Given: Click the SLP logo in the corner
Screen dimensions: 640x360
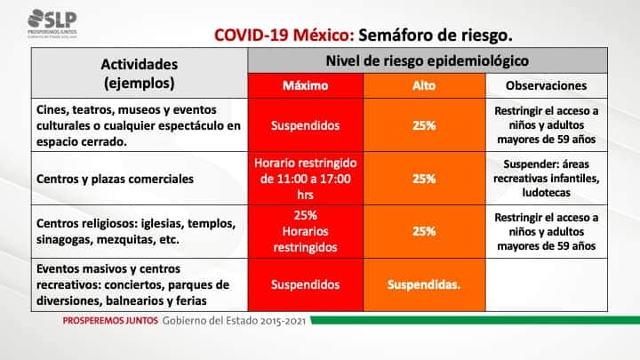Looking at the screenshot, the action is [x=52, y=24].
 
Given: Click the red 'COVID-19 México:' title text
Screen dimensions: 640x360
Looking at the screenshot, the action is [x=284, y=35].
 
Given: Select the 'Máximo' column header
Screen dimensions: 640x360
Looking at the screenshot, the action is [x=305, y=85].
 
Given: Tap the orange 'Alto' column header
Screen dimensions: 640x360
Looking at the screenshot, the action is [x=424, y=85].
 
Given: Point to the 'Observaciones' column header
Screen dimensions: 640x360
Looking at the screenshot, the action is [x=546, y=85].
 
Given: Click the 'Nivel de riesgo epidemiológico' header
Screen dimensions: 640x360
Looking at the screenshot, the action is [x=428, y=60].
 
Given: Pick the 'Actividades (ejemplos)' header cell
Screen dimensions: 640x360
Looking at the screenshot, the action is [x=140, y=74].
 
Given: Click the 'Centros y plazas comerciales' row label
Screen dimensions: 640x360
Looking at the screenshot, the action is [x=115, y=179].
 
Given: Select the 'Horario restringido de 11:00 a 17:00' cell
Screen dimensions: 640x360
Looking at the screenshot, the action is [x=305, y=179].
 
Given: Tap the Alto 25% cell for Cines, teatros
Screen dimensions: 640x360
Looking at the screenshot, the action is [x=424, y=125].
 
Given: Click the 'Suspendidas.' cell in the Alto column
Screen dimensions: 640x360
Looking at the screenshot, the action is [x=424, y=284].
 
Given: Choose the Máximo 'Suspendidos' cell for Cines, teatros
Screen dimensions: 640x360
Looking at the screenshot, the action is [x=305, y=125].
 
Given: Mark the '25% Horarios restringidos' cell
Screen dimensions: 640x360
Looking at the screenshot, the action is [x=305, y=231].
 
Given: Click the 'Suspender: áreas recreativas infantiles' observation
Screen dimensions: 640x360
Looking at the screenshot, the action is [x=546, y=179].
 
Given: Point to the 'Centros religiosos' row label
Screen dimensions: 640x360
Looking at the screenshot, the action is [x=136, y=231].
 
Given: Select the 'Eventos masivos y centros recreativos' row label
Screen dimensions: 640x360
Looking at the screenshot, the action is [x=132, y=284].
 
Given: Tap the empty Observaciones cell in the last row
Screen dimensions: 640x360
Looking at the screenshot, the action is [x=546, y=284].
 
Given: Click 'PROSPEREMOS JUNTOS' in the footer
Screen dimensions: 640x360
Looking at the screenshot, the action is [x=110, y=321].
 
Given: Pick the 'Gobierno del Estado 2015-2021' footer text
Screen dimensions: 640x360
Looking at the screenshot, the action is [x=234, y=321].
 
